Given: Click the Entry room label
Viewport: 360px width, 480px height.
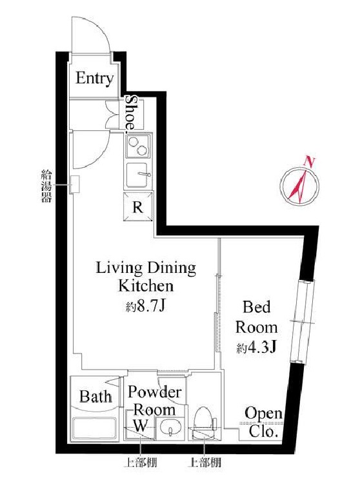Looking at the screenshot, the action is pos(94,78).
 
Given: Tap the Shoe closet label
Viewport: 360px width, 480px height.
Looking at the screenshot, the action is pos(132,112).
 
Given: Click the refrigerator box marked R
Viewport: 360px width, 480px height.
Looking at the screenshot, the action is pos(138,206).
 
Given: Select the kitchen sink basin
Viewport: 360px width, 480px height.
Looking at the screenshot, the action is pos(137,175).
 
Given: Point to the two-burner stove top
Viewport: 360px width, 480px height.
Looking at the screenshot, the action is pos(138,146).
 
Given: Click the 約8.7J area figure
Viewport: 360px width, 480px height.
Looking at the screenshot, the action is pos(145,306).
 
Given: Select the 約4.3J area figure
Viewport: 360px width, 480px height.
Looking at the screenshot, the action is pos(257,348).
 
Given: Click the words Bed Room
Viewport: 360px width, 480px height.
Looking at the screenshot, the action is pos(257,317).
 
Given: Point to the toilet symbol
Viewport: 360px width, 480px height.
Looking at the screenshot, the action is pos(204,422).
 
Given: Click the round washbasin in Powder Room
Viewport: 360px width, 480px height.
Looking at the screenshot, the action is pos(170,426).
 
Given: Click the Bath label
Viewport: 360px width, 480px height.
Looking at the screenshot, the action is pos(96,397).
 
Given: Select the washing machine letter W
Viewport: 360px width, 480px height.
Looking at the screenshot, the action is pos(140,425).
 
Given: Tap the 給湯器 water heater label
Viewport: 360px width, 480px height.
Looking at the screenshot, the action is pos(46,186).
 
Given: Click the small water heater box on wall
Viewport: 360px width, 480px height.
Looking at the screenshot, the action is pos(75,185).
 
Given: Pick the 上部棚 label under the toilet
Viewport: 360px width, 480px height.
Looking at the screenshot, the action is pos(205,462).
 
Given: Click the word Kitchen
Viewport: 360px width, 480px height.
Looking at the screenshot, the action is pos(146,286).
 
